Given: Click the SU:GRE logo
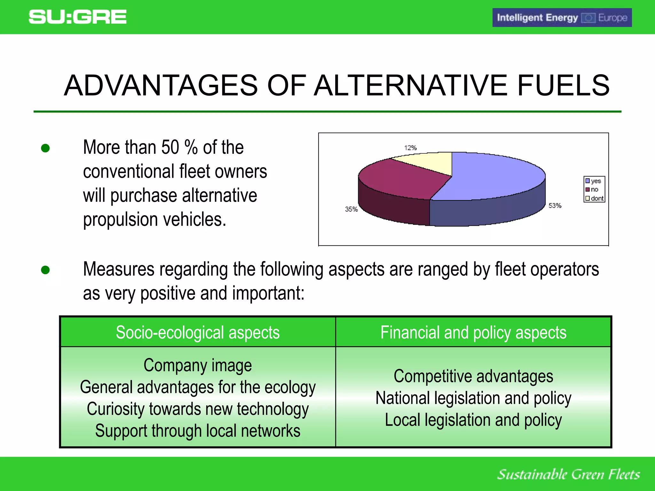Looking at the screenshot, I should coord(77,17).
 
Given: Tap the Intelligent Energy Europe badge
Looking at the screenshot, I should coord(562,18).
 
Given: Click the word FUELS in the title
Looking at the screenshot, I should coord(563,85).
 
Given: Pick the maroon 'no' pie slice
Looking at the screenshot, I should coord(400,179).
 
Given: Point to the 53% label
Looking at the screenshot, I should coord(555,206).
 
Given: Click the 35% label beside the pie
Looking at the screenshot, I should coord(351,209).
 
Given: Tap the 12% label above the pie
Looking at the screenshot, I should coord(410,148).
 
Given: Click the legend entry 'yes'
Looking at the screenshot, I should coord(594,181).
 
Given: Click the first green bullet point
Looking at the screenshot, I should coord(45,148).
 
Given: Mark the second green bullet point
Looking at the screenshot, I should coord(45,270).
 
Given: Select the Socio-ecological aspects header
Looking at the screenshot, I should coord(198,332).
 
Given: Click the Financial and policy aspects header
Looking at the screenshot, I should coord(473,332).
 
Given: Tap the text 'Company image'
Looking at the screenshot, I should coord(198,365).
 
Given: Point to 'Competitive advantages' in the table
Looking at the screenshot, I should coord(473,376).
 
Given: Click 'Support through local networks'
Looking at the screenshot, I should coord(198,431).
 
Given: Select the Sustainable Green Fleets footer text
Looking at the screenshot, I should coord(568,474).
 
